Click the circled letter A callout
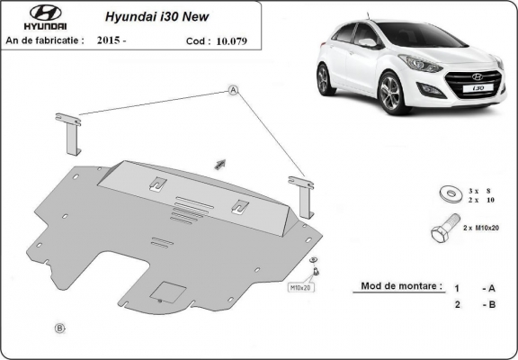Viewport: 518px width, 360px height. [233, 90]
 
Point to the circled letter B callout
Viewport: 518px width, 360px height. [60, 328]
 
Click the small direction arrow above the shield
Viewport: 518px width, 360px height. [219, 164]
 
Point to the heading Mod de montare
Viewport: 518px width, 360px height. [401, 286]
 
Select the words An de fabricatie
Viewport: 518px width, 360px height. [45, 40]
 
